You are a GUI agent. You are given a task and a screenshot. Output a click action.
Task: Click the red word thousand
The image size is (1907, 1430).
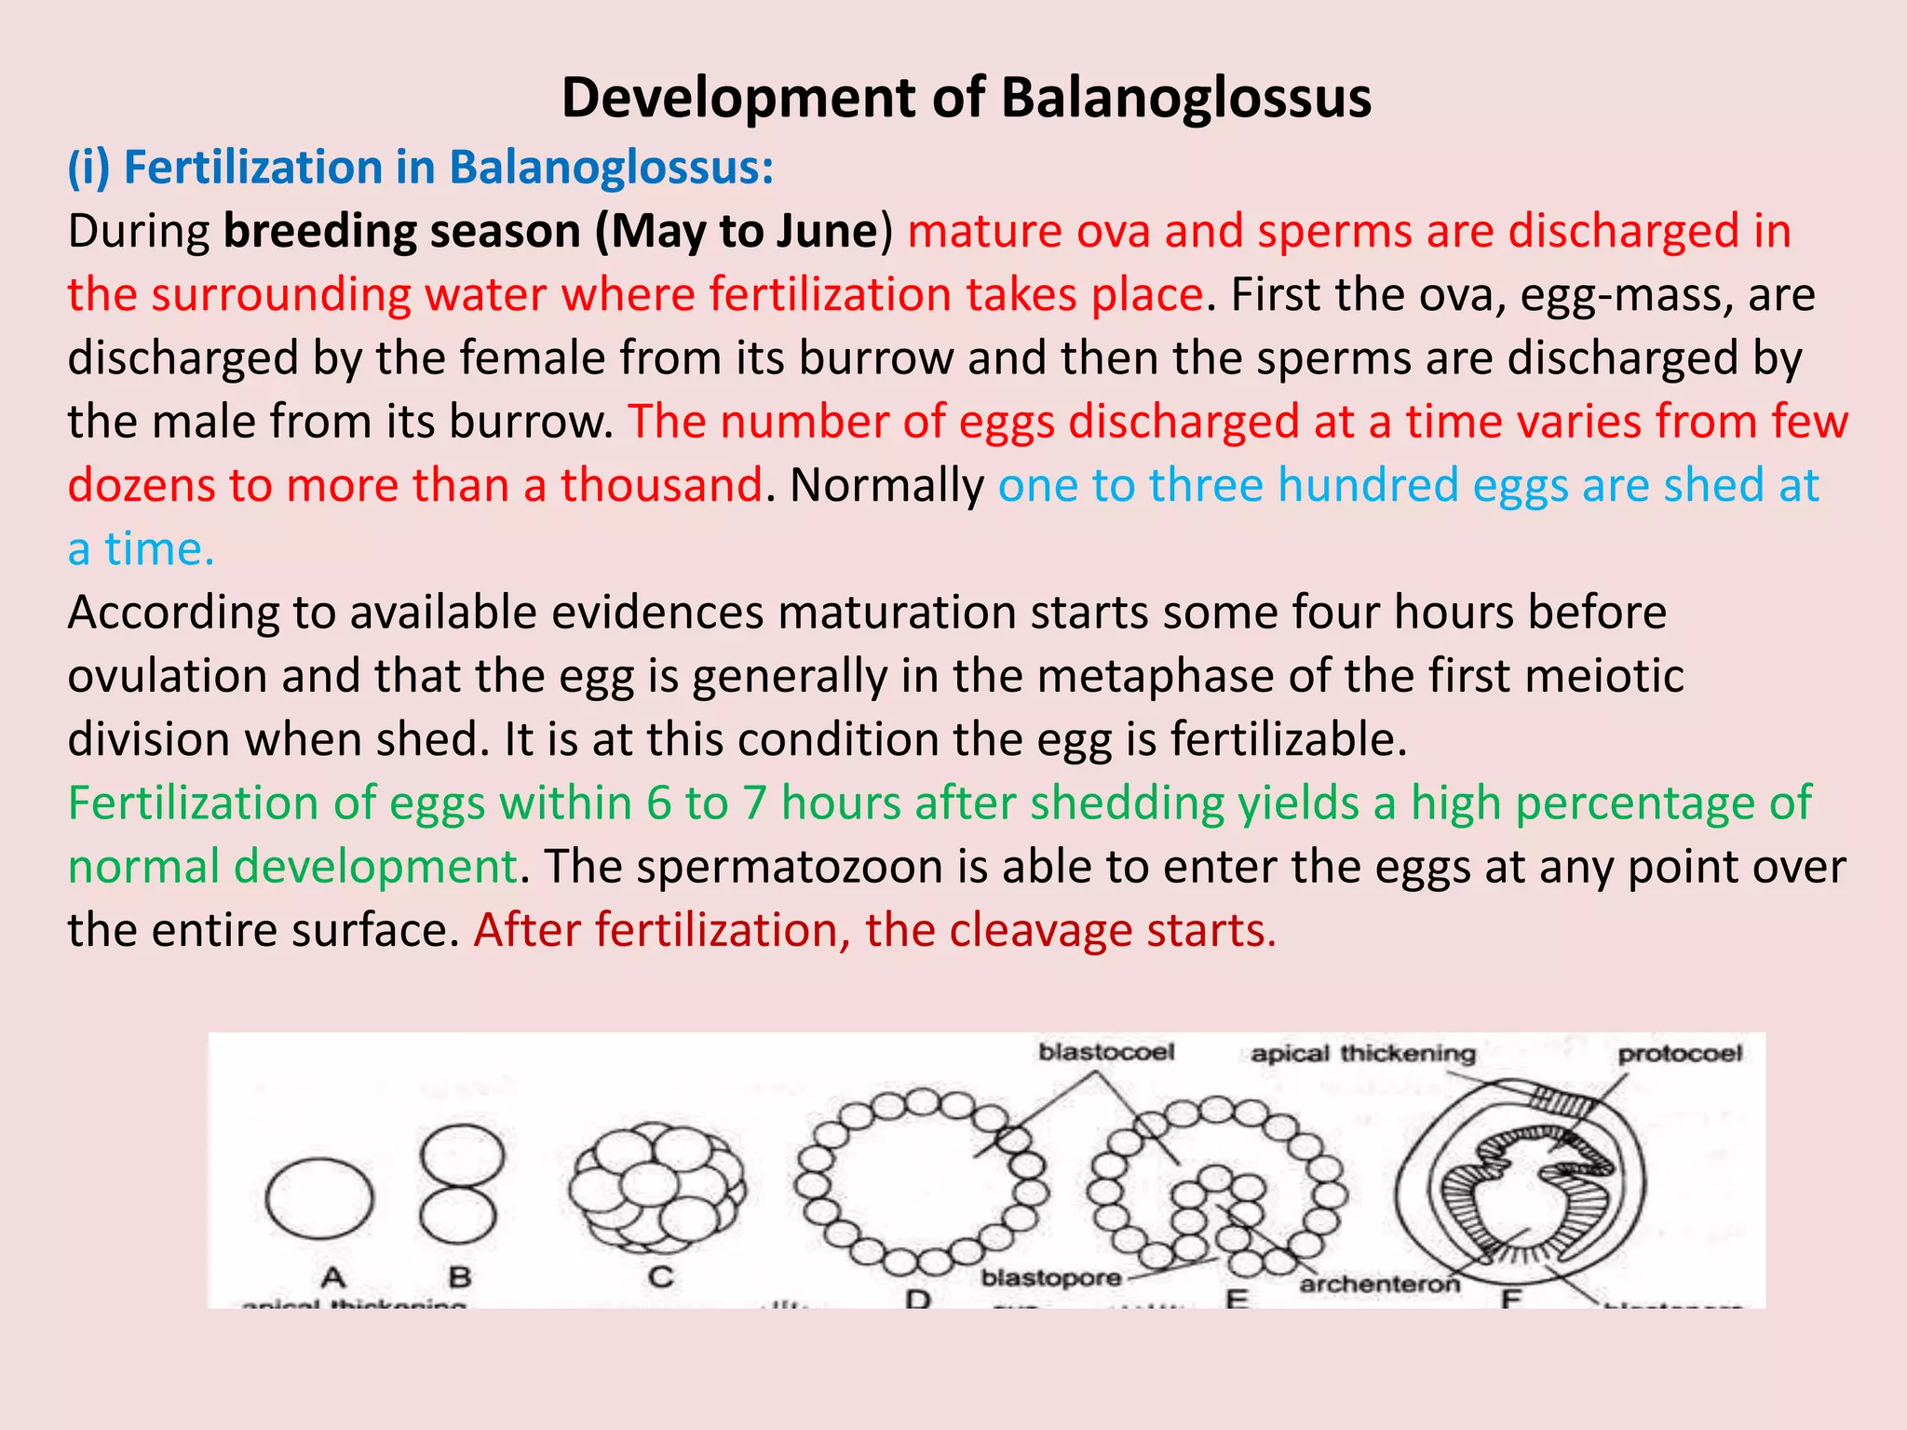tap(661, 486)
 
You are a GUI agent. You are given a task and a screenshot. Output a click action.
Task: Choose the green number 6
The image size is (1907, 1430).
tap(658, 803)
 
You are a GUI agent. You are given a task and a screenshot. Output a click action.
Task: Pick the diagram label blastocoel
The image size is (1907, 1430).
tap(1106, 1053)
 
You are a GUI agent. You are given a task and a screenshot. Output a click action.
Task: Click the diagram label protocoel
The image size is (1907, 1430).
tap(1680, 1054)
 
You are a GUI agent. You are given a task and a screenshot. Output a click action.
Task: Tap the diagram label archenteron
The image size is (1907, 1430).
tap(1380, 1285)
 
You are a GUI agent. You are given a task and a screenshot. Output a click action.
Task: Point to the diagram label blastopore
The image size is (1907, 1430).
tap(1051, 1278)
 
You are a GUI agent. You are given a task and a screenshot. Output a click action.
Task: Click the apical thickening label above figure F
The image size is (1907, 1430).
tap(1363, 1054)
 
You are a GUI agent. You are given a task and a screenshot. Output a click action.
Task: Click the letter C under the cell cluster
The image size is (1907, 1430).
tap(660, 1276)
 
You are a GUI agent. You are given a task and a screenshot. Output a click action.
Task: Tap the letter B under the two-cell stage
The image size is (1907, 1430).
tap(460, 1277)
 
